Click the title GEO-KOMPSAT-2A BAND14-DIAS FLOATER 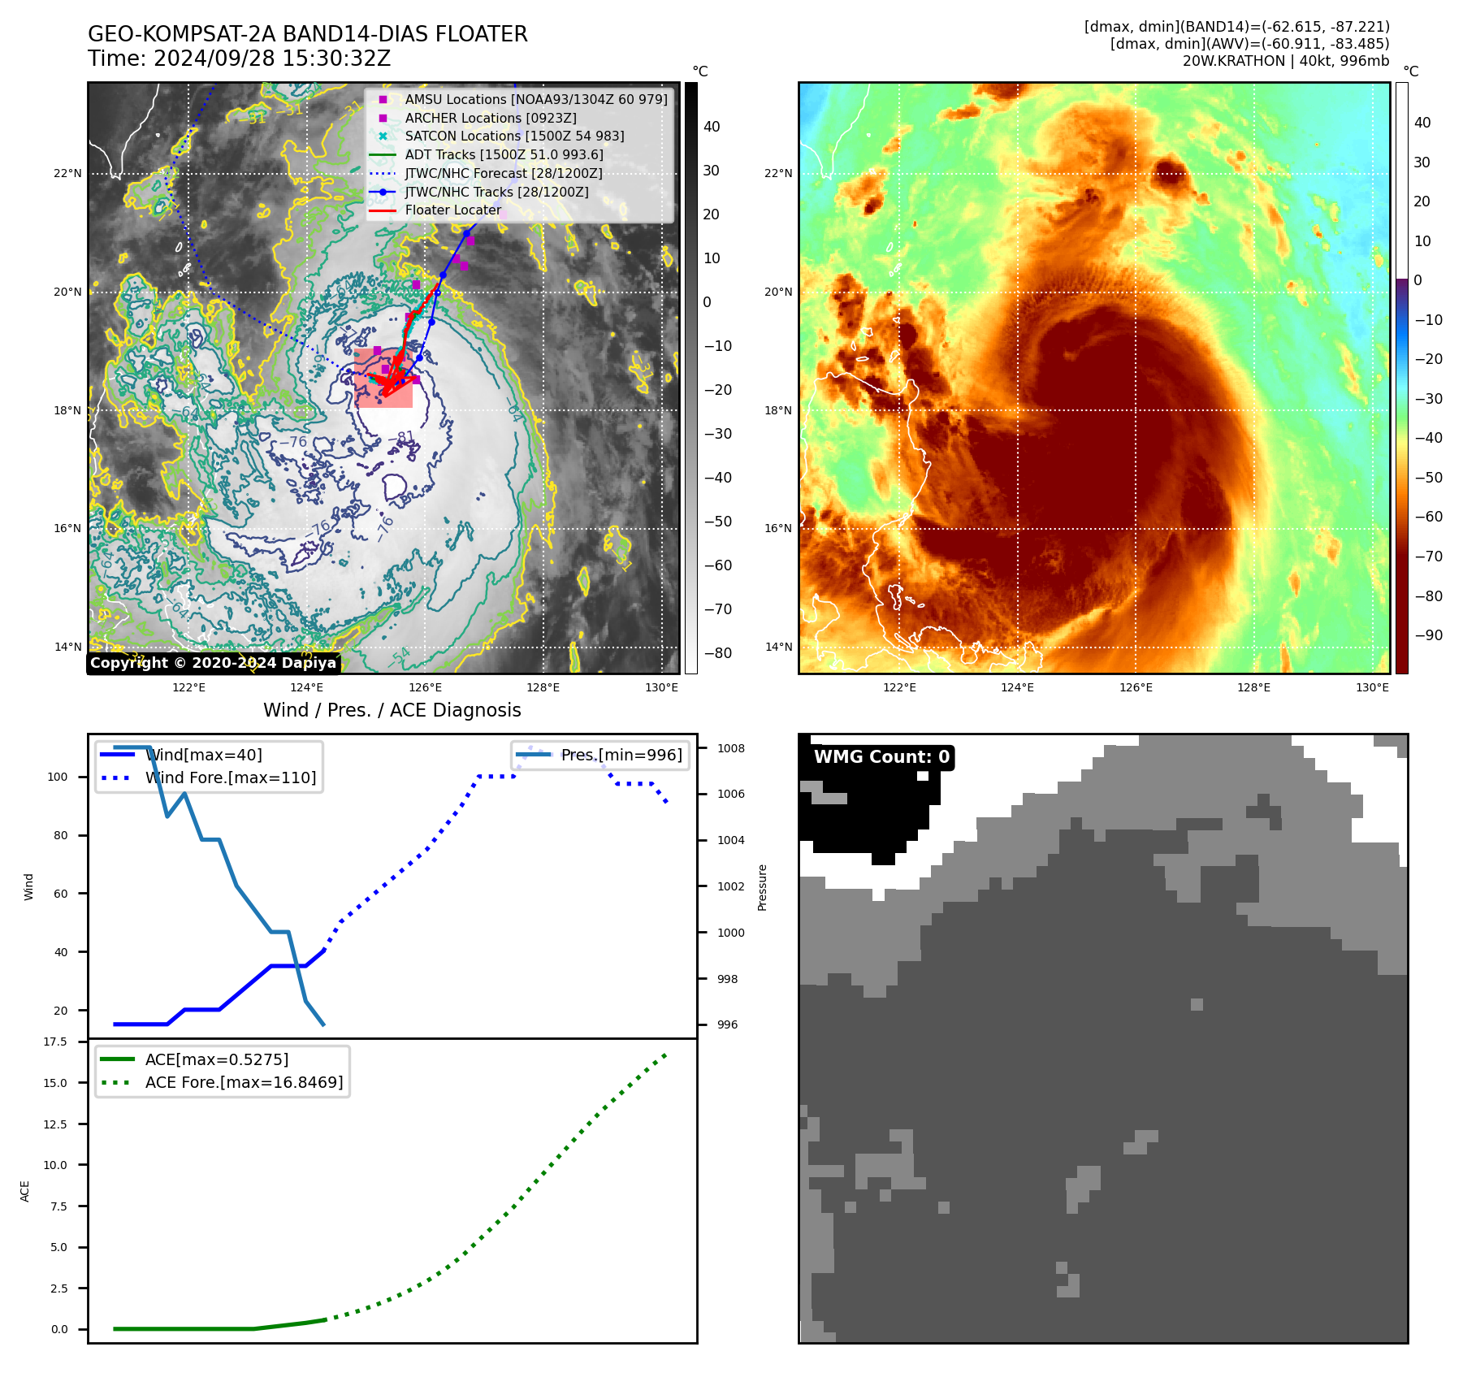coord(307,34)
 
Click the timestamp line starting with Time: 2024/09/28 coord(239,58)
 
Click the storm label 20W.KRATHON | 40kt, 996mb coord(1285,61)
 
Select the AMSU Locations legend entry coord(535,99)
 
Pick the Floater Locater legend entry coord(452,210)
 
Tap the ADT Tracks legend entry coord(504,154)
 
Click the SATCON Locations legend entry coord(514,136)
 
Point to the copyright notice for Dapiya coord(213,663)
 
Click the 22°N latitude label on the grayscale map coord(68,173)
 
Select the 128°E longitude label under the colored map coord(1253,687)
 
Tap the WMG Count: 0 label coord(881,757)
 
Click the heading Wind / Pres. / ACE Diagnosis coord(392,710)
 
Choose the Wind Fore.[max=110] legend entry coord(230,777)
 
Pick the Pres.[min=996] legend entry coord(621,755)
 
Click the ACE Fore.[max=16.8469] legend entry coord(244,1082)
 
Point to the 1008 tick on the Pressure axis coord(730,748)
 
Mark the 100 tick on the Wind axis coord(58,777)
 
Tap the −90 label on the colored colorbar coord(1428,635)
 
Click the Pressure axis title coord(762,887)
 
